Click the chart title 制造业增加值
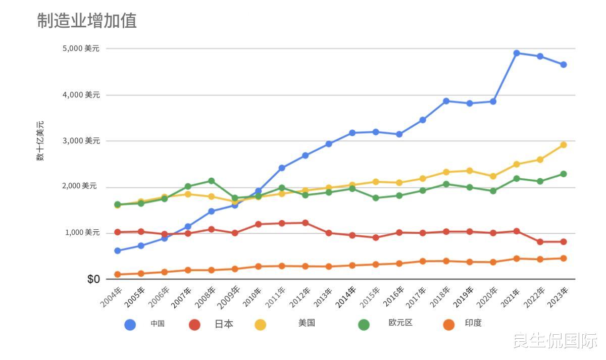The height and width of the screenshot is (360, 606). coord(87,21)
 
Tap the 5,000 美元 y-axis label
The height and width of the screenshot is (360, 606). coord(81,48)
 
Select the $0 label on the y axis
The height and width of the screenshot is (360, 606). coord(93,279)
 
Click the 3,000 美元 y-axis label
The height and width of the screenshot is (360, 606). coord(81,141)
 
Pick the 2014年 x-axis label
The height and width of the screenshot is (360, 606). coord(346,297)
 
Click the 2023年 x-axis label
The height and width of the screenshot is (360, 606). coord(558,297)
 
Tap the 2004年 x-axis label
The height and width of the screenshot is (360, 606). coord(112,297)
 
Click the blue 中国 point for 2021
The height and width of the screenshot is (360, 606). coord(517,53)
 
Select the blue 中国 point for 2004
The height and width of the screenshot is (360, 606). coord(118,250)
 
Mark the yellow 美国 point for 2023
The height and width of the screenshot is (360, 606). coord(564,145)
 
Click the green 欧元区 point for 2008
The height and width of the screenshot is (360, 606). coord(212,181)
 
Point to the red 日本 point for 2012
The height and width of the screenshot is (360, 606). coord(306,223)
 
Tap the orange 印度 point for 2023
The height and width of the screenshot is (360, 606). coord(564,258)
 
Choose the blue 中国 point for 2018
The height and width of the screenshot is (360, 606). coord(446,101)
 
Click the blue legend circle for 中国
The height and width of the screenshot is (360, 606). coord(130,325)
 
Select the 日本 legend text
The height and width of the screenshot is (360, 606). coord(224,324)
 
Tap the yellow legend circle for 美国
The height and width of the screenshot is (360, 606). coord(261,325)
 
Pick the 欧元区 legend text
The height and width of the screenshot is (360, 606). coord(400,323)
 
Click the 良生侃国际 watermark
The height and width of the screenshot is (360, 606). coord(555,341)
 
